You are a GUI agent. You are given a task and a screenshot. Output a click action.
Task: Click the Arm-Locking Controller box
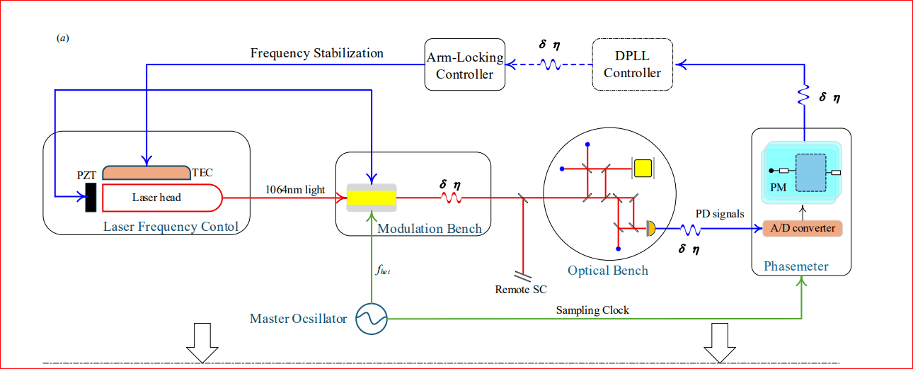[x=465, y=64]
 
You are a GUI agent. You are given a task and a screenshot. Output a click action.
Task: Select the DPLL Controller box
[x=632, y=64]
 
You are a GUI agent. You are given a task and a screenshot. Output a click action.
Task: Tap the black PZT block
[x=91, y=197]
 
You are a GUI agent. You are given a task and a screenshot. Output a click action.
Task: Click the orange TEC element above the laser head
[x=146, y=172]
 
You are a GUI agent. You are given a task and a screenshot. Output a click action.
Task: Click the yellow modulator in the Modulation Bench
[x=372, y=198]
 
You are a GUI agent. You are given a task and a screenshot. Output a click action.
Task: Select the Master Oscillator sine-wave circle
[x=372, y=319]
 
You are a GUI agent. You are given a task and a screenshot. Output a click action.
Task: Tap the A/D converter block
[x=803, y=228]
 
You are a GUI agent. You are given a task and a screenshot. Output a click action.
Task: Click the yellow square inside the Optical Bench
[x=643, y=168]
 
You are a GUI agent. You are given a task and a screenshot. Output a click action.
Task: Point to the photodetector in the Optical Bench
[x=650, y=227]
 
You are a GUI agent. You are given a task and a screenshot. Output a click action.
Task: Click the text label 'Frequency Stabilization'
[x=317, y=53]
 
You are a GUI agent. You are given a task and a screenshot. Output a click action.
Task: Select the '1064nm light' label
[x=295, y=189]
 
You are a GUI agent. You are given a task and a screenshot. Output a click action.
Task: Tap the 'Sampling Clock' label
[x=592, y=310]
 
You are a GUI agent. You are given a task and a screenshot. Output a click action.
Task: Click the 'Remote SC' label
[x=521, y=289]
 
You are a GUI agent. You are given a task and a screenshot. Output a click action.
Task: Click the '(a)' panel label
[x=63, y=38]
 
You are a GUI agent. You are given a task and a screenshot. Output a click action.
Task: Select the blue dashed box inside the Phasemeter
[x=810, y=172]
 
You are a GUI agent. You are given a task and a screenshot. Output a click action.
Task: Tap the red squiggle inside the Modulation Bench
[x=452, y=199]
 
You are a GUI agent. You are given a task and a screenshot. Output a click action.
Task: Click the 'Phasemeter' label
[x=796, y=266]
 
